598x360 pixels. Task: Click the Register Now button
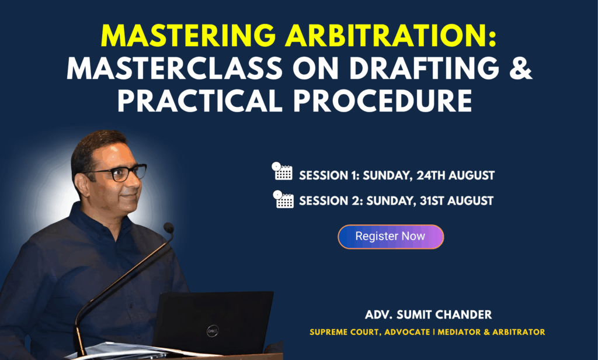[x=391, y=237]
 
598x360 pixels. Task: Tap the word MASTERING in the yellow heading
[x=189, y=36]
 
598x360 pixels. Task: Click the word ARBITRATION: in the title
[x=391, y=36]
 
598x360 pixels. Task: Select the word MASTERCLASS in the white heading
[x=175, y=68]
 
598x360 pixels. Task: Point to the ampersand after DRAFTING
[x=520, y=68]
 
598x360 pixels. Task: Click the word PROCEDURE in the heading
[x=383, y=101]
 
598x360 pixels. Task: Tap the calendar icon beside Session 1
[x=282, y=171]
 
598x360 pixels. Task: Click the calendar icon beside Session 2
[x=283, y=199]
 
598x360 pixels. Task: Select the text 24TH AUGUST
[x=456, y=175]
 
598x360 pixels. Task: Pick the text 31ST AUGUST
[x=457, y=201]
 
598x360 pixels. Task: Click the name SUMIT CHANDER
[x=444, y=314]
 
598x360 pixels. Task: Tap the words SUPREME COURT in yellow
[x=345, y=332]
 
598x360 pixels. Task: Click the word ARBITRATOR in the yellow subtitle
[x=519, y=332]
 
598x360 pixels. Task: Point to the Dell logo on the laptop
[x=213, y=331]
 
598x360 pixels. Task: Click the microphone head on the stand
[x=169, y=228]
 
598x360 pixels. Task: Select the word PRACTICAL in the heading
[x=200, y=101]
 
